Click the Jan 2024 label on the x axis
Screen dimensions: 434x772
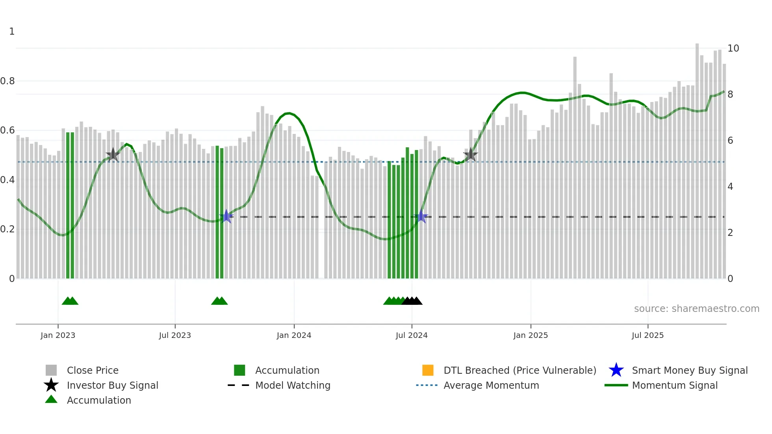point(294,336)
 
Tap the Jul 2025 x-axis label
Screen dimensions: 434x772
point(648,336)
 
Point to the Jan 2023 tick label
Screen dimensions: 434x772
point(58,336)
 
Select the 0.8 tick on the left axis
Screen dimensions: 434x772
point(7,81)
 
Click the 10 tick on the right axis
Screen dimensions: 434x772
point(733,48)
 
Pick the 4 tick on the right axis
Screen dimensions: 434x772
point(730,187)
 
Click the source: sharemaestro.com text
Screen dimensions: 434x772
point(696,309)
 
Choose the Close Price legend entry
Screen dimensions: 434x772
point(93,371)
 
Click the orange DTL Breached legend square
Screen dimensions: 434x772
point(428,370)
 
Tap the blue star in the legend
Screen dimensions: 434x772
point(616,370)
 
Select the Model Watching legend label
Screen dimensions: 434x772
point(293,386)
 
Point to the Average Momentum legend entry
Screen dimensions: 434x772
point(491,386)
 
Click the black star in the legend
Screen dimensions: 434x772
point(51,385)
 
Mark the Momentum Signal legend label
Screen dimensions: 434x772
point(675,386)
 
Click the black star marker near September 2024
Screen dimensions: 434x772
point(470,155)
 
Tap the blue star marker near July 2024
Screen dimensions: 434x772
point(421,217)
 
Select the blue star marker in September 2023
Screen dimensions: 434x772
point(226,217)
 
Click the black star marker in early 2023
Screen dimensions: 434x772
point(113,155)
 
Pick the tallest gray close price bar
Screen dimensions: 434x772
point(697,161)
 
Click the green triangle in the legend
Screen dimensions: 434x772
point(51,399)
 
